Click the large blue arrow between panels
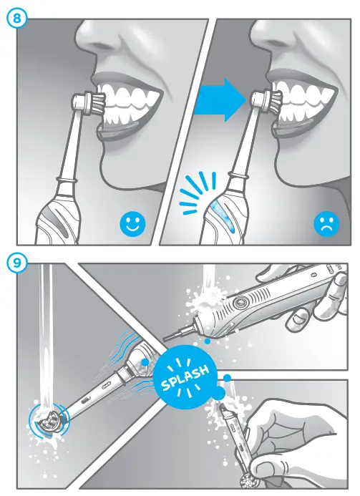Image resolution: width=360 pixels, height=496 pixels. coord(220,99)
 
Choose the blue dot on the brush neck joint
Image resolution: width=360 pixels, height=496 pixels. coord(145,362)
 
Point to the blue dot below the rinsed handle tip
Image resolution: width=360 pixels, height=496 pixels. coord(207,341)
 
